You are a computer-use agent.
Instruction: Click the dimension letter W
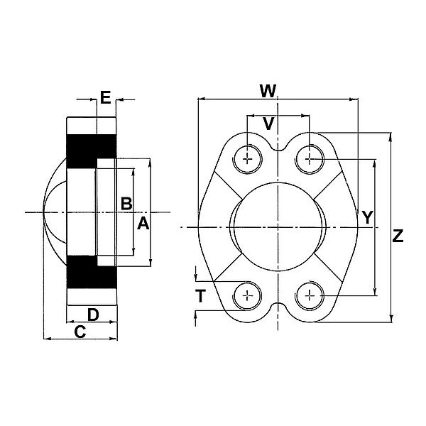click(x=267, y=91)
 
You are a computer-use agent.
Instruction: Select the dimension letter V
click(x=268, y=123)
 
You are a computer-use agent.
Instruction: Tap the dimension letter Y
click(x=366, y=217)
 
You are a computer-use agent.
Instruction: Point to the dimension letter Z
click(x=398, y=236)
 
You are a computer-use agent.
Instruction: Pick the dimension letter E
click(x=106, y=98)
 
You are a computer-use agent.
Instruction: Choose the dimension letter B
click(x=126, y=203)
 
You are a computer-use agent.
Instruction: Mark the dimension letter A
click(x=143, y=224)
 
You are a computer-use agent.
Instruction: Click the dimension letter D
click(x=92, y=314)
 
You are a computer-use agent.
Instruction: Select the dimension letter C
click(x=80, y=331)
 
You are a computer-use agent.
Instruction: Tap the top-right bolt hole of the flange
click(x=310, y=158)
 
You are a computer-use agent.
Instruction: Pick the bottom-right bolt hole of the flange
click(x=310, y=295)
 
